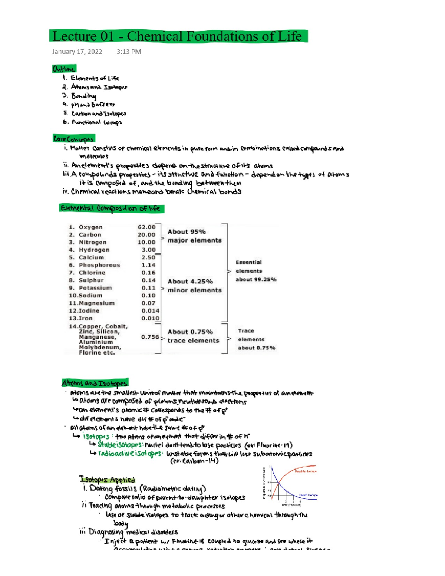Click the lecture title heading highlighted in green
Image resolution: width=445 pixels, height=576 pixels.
coord(178,36)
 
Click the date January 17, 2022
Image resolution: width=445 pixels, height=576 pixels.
coord(77,52)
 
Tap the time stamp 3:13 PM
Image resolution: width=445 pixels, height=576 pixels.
coord(129,52)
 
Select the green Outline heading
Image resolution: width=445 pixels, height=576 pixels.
coord(64,69)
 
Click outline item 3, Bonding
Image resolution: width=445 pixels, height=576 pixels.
coord(83,96)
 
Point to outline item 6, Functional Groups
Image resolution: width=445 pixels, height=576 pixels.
coord(96,122)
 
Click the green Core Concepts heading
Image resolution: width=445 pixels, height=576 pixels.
coord(73,139)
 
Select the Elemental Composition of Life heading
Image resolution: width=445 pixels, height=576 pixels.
coord(111,208)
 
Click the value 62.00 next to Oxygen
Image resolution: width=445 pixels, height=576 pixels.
coord(146,227)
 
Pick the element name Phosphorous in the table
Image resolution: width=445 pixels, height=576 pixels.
coord(99,265)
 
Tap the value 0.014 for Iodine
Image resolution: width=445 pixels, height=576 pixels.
coord(150,311)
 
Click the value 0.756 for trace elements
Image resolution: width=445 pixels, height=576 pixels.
coord(150,337)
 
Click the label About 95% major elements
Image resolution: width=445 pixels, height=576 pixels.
coord(194,236)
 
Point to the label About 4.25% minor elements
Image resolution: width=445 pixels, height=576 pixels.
coord(194,286)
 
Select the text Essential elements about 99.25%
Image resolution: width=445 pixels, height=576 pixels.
coord(255,271)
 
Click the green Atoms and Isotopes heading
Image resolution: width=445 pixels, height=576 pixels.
coord(95,383)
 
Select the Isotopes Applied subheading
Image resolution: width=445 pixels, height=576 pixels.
coord(107,480)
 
